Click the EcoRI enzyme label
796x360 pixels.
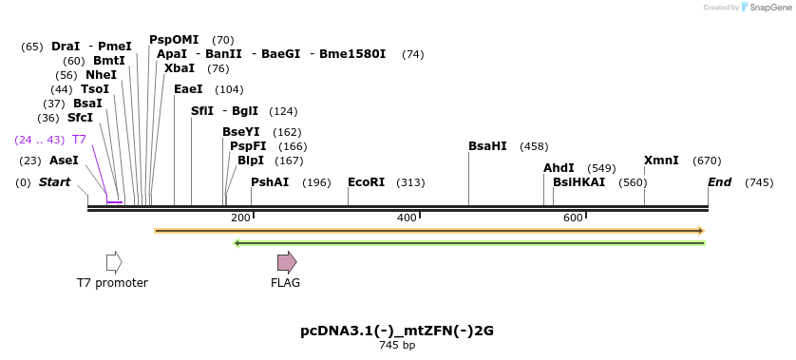(366, 182)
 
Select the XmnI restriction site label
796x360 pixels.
(661, 161)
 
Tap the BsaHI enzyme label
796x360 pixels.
(487, 146)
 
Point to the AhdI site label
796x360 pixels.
(559, 168)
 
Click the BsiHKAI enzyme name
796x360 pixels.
(578, 182)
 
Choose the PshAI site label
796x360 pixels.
(270, 182)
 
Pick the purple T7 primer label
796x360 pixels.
(79, 140)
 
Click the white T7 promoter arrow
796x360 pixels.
(114, 262)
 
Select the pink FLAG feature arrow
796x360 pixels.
(287, 262)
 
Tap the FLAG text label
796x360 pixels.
(285, 283)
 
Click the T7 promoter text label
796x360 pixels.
(112, 283)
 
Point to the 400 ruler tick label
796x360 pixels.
(407, 218)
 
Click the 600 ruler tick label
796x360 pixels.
(573, 218)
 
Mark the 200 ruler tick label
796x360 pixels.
(240, 218)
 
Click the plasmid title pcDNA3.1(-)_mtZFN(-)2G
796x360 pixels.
(397, 332)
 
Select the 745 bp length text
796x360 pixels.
(397, 346)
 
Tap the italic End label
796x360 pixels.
(719, 182)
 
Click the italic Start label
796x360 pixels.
(54, 182)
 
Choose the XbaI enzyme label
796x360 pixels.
(180, 68)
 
